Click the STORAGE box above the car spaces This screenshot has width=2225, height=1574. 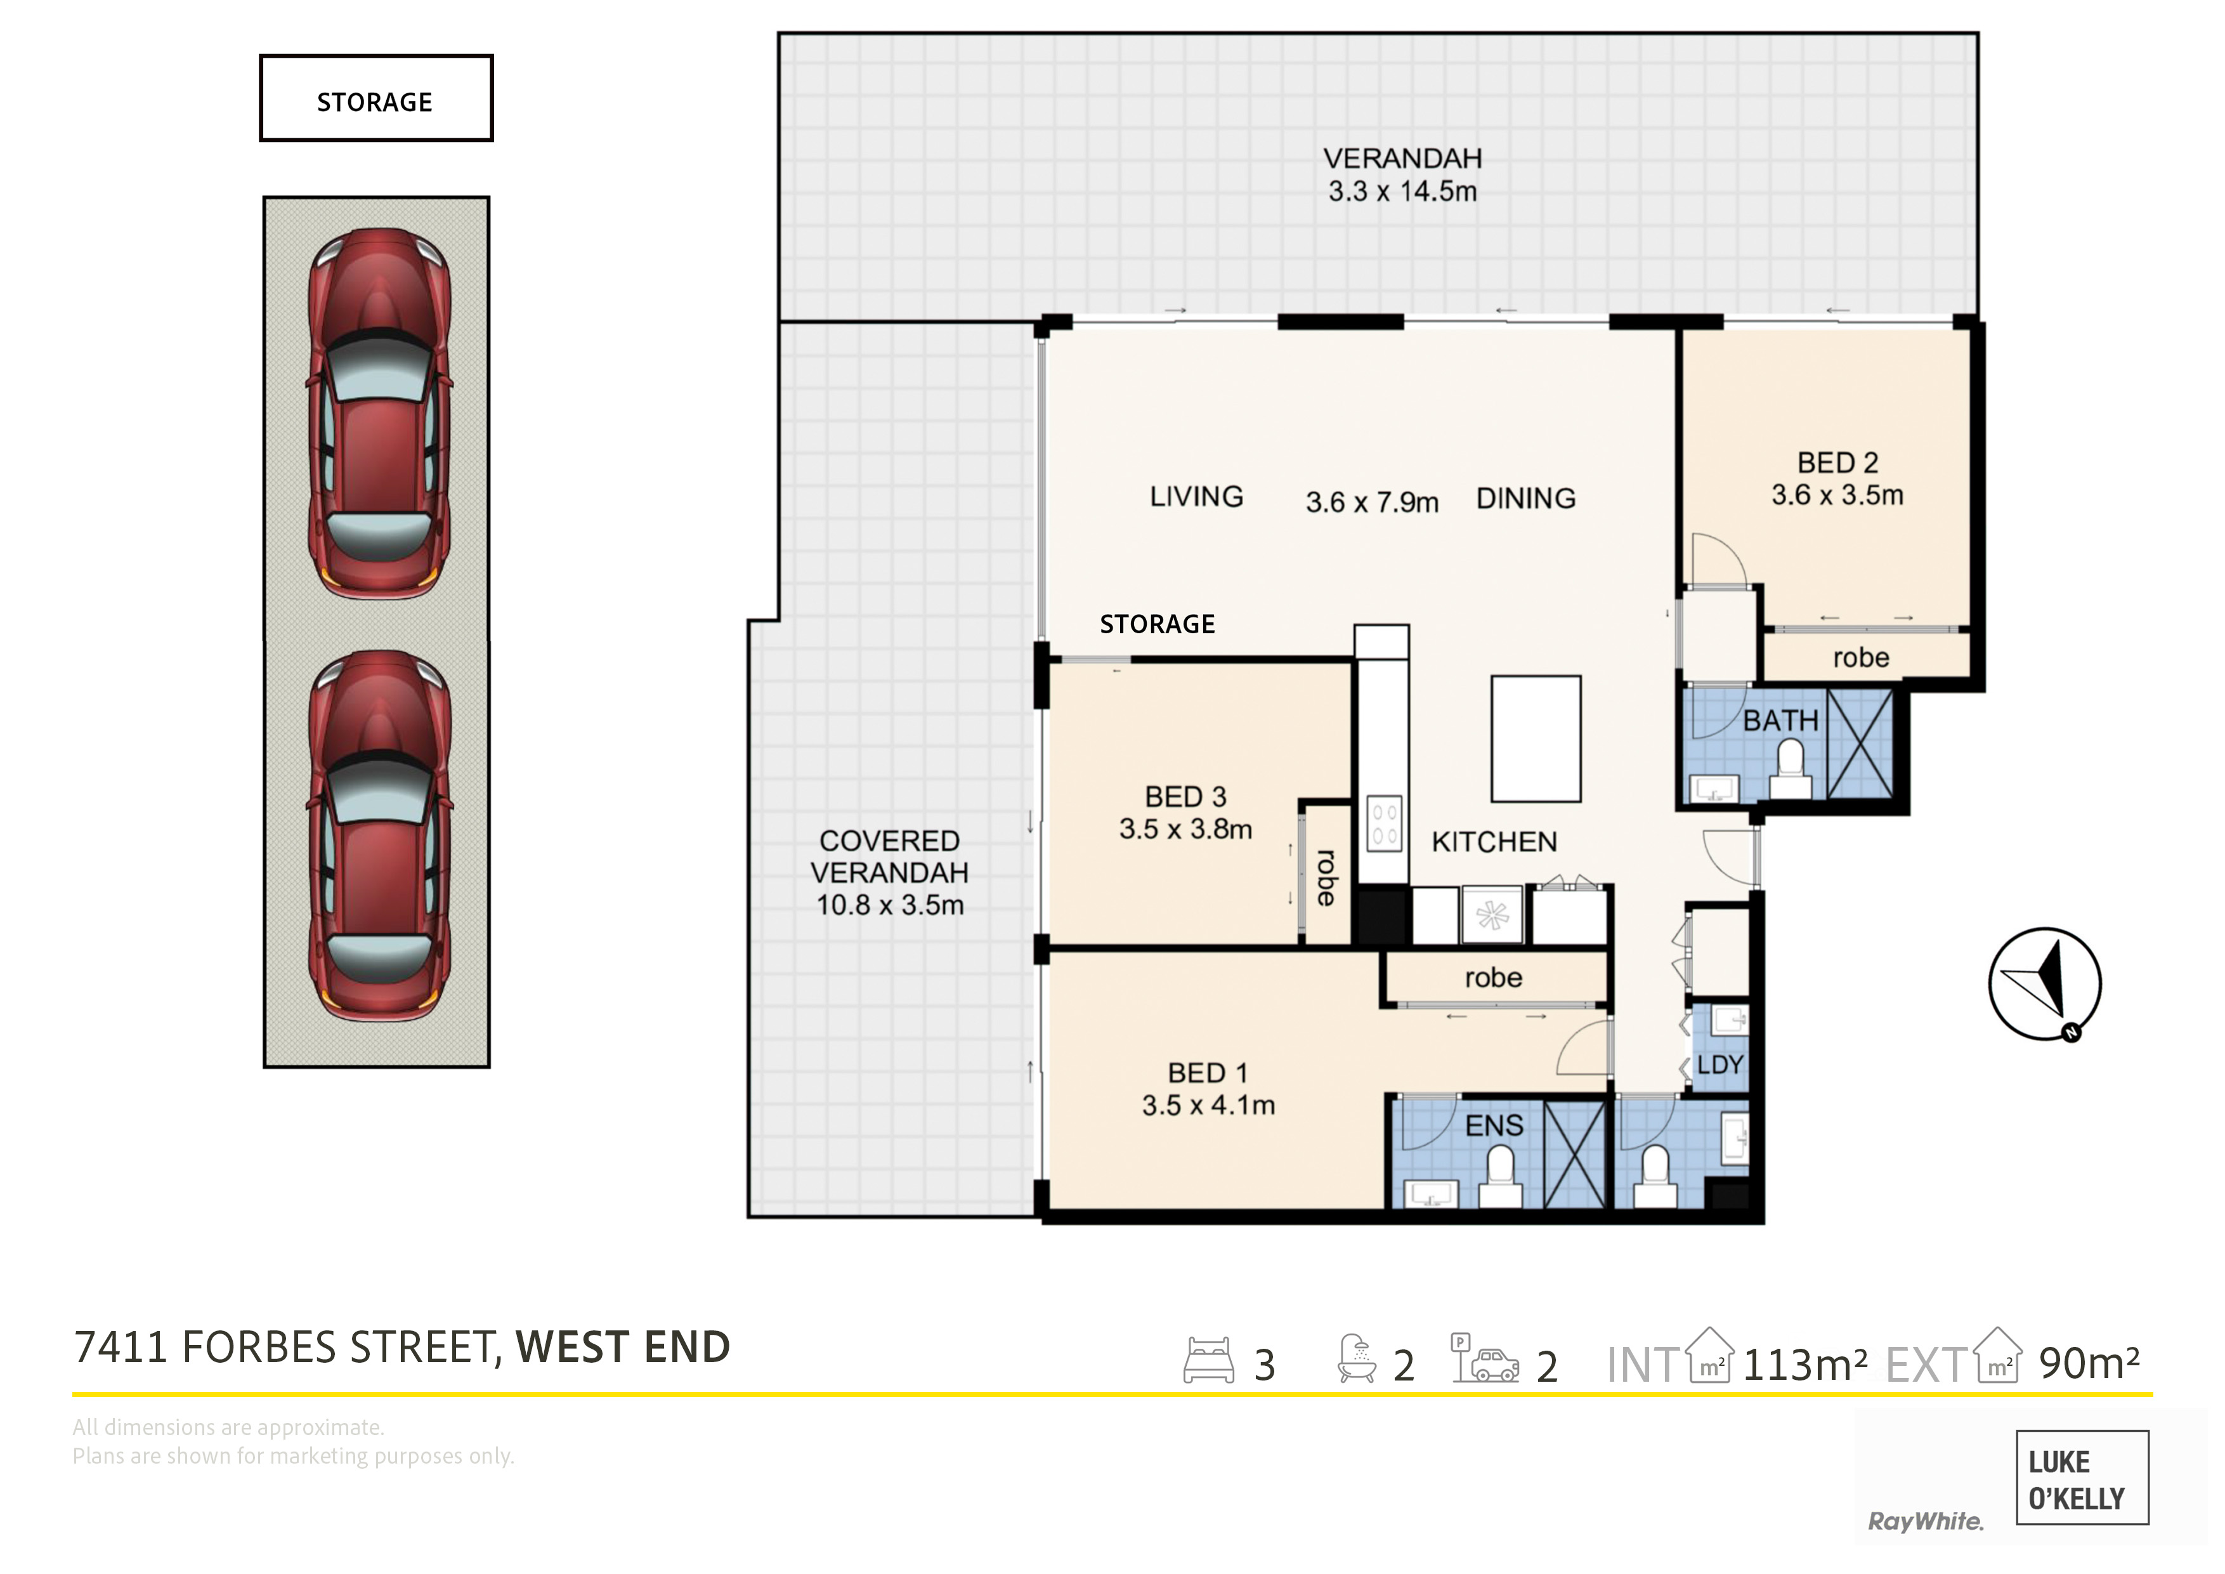coord(376,98)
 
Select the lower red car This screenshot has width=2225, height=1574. coord(379,836)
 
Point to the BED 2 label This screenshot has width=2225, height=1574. coord(1837,463)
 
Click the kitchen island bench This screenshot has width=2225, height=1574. coord(1536,738)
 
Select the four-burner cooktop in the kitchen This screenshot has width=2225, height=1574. coord(1384,824)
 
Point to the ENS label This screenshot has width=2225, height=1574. coord(1493,1125)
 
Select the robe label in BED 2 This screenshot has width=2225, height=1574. coord(1861,658)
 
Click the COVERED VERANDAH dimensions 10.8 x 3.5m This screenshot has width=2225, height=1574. coord(890,905)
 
